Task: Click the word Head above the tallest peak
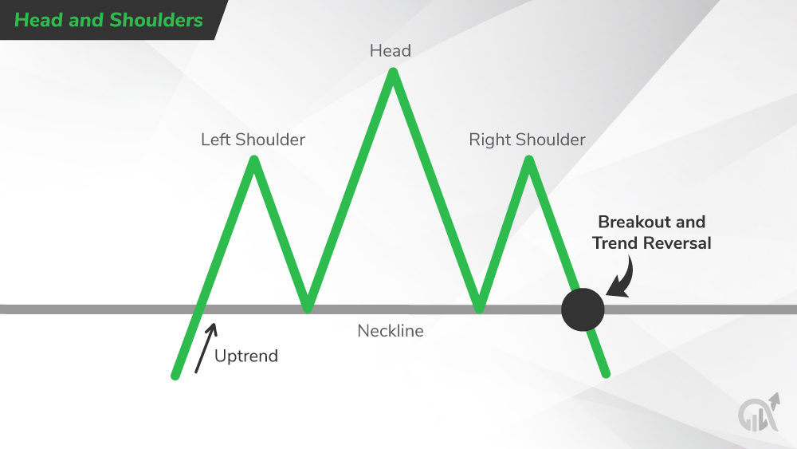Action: pyautogui.click(x=390, y=51)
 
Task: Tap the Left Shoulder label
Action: pyautogui.click(x=253, y=140)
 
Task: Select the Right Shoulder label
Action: pyautogui.click(x=527, y=140)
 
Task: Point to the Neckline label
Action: pyautogui.click(x=390, y=330)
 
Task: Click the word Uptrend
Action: pyautogui.click(x=246, y=356)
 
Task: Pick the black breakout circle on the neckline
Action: pyautogui.click(x=583, y=309)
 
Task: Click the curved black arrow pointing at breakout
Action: pyautogui.click(x=618, y=279)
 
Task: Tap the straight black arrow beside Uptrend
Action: pyautogui.click(x=205, y=348)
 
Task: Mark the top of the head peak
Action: pyautogui.click(x=392, y=73)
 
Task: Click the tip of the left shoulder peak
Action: pyautogui.click(x=254, y=160)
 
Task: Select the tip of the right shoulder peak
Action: pyautogui.click(x=528, y=160)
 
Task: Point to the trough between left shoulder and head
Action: pyautogui.click(x=308, y=306)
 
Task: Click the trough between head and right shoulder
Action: pyautogui.click(x=479, y=306)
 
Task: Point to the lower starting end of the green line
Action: pyautogui.click(x=175, y=375)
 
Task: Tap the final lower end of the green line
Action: pyautogui.click(x=607, y=373)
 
